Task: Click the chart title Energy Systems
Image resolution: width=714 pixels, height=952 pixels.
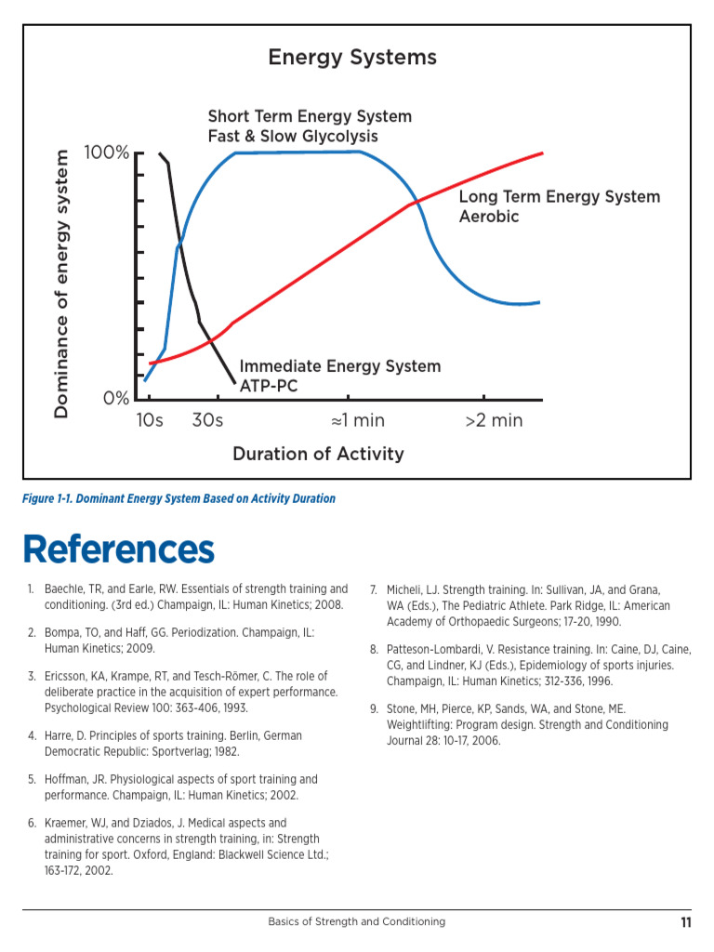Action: point(352,58)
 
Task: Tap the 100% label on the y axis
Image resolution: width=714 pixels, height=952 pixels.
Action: point(107,152)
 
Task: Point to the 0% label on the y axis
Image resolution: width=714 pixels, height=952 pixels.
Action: point(116,399)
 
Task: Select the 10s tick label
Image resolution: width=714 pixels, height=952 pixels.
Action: point(150,420)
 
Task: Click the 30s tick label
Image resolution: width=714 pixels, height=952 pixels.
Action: point(207,420)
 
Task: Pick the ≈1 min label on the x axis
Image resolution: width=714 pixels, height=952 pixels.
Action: point(358,420)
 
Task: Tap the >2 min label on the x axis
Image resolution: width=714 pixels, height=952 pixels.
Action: point(494,420)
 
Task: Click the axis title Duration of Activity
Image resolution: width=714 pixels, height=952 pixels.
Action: point(318,454)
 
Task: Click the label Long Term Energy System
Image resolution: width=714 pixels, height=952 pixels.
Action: point(560,197)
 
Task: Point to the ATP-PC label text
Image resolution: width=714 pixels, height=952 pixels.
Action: point(269,385)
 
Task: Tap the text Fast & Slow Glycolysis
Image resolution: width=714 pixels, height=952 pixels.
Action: point(293,137)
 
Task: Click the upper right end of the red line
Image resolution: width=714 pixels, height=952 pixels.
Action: point(542,153)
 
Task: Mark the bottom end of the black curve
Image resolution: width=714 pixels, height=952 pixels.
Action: point(233,381)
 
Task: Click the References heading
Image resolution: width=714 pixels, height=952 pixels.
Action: point(119,549)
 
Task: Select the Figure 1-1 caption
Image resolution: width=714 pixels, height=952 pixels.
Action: point(178,498)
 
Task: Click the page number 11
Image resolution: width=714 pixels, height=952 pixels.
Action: point(685,922)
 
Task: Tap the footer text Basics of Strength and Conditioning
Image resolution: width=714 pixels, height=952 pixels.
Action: point(357,922)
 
